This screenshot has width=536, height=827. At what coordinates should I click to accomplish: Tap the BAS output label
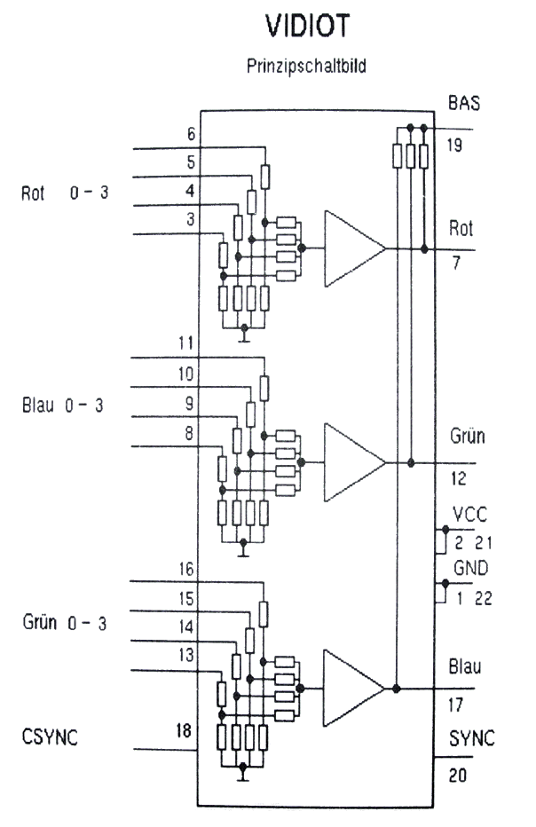[x=463, y=103]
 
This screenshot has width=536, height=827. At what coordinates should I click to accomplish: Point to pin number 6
[x=191, y=134]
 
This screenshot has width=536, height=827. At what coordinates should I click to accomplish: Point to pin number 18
[x=184, y=731]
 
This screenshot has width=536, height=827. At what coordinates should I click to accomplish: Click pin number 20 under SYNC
[x=456, y=776]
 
